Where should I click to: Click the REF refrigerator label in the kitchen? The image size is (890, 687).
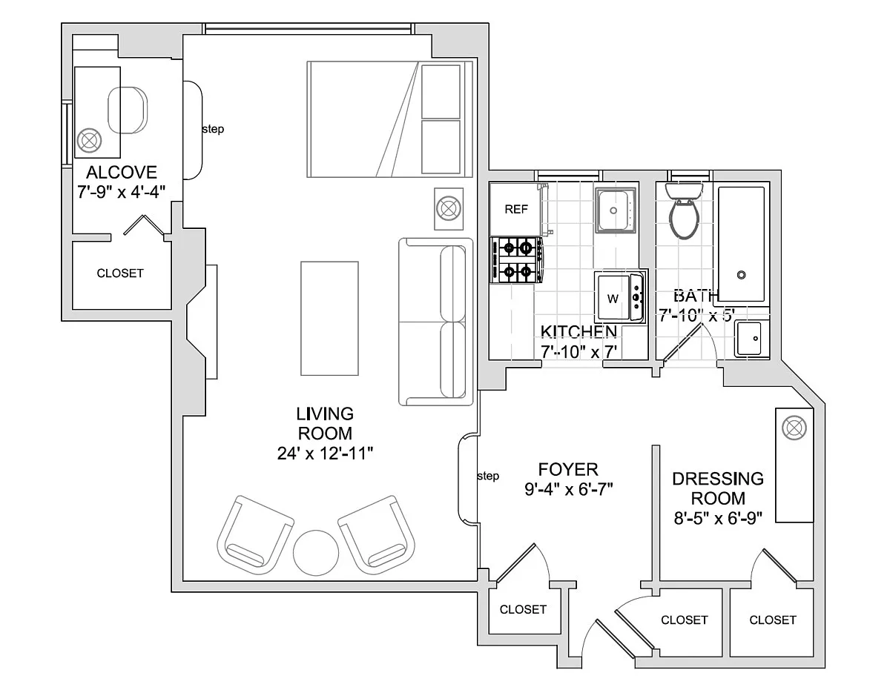tap(516, 210)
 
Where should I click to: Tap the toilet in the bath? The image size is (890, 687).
tap(683, 211)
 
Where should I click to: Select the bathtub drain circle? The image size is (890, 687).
tap(741, 275)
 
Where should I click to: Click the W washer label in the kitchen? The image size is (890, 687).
tap(613, 299)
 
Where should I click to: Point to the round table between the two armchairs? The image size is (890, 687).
tap(316, 553)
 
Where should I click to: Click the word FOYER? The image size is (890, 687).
tap(568, 469)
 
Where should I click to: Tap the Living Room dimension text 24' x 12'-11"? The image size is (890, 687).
tap(325, 454)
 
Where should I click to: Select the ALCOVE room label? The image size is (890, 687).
tap(122, 172)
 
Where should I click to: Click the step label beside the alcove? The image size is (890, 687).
tap(213, 129)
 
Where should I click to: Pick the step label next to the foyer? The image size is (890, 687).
tap(488, 476)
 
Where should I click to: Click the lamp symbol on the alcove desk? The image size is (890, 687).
tap(89, 141)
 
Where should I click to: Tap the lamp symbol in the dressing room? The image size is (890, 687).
tap(794, 428)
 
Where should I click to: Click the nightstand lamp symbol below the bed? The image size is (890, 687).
tap(449, 208)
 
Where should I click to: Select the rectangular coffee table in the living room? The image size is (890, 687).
tap(330, 319)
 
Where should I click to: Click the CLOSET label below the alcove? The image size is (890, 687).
tap(120, 273)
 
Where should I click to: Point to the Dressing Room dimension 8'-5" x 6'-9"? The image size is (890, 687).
tap(719, 519)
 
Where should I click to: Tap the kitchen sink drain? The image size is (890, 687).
tap(613, 210)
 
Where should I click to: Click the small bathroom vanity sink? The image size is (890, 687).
tap(749, 339)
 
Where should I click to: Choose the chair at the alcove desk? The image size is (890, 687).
tap(128, 110)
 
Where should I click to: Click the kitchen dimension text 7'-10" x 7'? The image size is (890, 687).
tap(578, 352)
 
